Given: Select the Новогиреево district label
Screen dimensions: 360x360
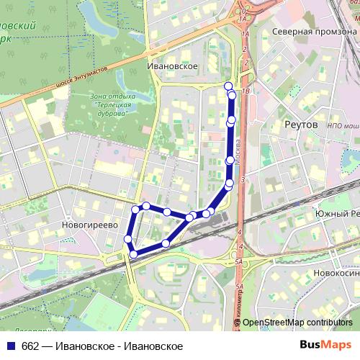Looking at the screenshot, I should tap(90, 225).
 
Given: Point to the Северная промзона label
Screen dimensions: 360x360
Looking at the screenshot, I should tap(312, 32).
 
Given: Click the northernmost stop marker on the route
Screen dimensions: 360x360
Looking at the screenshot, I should tap(229, 86).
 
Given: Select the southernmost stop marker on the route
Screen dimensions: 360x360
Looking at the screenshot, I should tap(133, 254).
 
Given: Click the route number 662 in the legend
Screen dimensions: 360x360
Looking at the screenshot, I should tap(30, 346).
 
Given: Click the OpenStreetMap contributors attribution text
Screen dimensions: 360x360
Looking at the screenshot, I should tap(297, 323).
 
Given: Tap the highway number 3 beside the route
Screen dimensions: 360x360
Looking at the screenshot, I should tap(243, 179).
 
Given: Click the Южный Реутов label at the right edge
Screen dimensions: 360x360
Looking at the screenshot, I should tap(336, 215).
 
